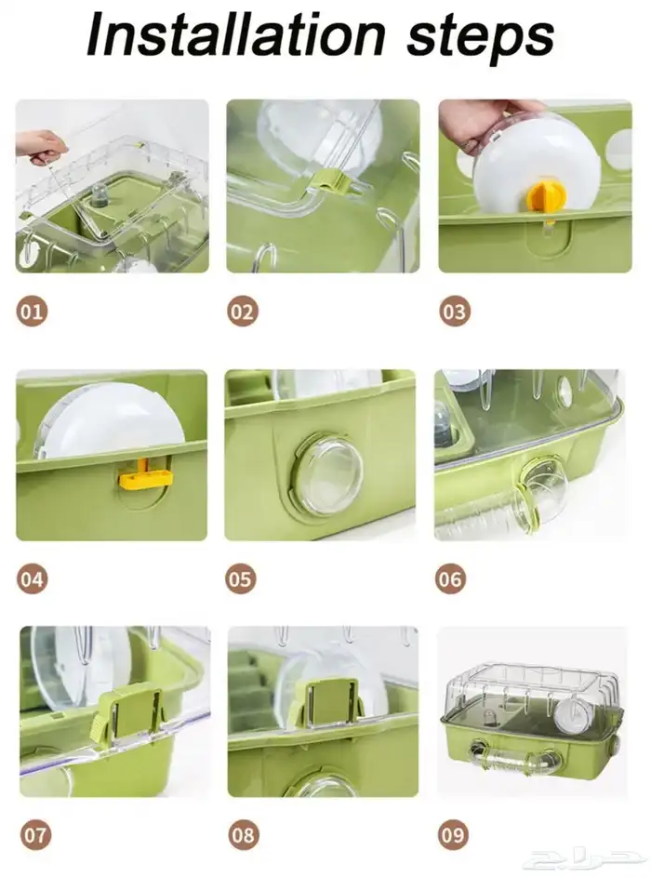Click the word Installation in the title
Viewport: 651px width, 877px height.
point(236,33)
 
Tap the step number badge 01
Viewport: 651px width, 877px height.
point(32,311)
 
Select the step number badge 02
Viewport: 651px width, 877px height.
point(242,311)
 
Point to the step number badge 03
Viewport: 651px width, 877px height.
point(454,311)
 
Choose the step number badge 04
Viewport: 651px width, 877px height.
point(32,578)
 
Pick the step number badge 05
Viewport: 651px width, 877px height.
point(241,578)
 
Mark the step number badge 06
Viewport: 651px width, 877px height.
point(451,578)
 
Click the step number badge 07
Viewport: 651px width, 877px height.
point(35,835)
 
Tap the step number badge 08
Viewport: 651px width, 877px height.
point(244,835)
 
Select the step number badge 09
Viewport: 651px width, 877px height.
point(453,835)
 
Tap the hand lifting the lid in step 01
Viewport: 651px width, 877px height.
point(39,144)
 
